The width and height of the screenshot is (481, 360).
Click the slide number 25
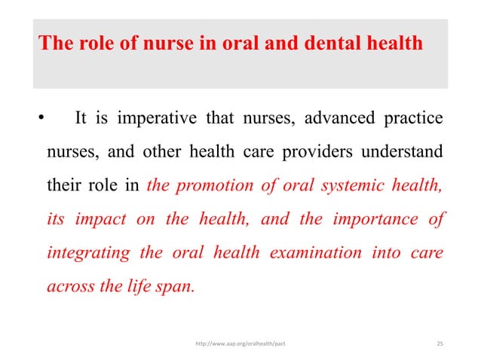click(x=440, y=343)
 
